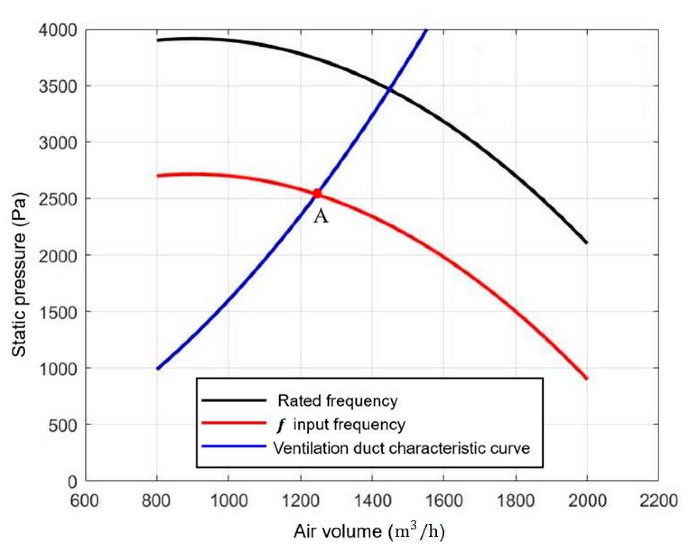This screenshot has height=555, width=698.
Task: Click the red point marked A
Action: coord(317,194)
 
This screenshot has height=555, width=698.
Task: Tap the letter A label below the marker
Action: coord(321,216)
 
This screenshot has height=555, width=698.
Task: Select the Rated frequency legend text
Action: coord(337,401)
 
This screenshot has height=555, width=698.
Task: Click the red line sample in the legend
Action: coord(234,423)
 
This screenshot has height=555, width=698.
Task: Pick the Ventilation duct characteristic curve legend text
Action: coord(402,448)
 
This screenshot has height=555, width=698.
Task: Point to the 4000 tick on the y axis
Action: coord(58,30)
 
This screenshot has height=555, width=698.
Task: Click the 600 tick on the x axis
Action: coord(85,501)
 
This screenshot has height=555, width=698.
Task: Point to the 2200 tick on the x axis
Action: coord(658,501)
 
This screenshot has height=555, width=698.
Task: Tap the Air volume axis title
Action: coord(369,531)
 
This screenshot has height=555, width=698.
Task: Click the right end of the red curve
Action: coord(587,378)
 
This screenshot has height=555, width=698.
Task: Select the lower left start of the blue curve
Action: coord(158,368)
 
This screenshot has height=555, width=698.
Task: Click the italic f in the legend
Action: coord(281,425)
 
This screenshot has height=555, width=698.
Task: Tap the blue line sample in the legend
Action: coord(234,446)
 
